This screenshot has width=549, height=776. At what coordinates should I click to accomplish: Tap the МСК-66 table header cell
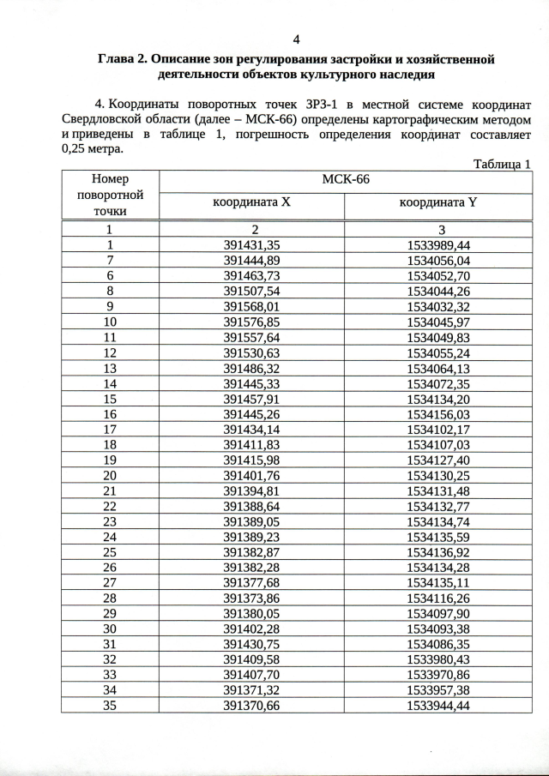[345, 179]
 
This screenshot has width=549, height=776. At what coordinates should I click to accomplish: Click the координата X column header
[252, 203]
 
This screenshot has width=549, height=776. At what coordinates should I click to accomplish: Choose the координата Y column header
[439, 203]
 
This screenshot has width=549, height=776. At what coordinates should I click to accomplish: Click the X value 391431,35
[252, 244]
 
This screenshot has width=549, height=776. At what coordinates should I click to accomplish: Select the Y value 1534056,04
[439, 260]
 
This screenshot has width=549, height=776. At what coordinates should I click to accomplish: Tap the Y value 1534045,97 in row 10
[439, 322]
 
